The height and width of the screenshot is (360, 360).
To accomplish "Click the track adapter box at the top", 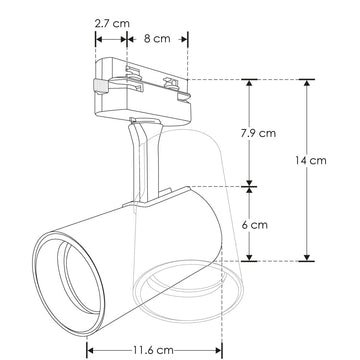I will pyautogui.click(x=140, y=86).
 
